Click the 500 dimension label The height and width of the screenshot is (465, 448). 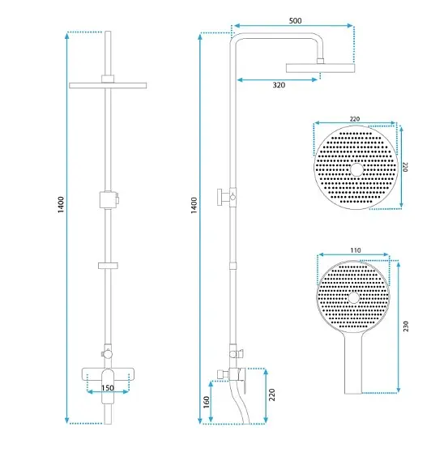(x=296, y=21)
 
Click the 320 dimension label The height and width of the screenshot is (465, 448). (x=279, y=85)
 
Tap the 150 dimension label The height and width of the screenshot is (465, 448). (x=108, y=388)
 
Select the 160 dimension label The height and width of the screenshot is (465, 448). (x=207, y=402)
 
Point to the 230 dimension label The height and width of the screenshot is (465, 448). (x=406, y=326)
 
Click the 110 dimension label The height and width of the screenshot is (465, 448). (x=356, y=250)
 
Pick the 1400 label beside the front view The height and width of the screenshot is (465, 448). (x=61, y=205)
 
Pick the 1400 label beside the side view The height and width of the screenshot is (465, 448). (x=194, y=205)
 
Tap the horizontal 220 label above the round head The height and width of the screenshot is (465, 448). (x=355, y=119)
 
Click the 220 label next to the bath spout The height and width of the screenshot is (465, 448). (x=272, y=395)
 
